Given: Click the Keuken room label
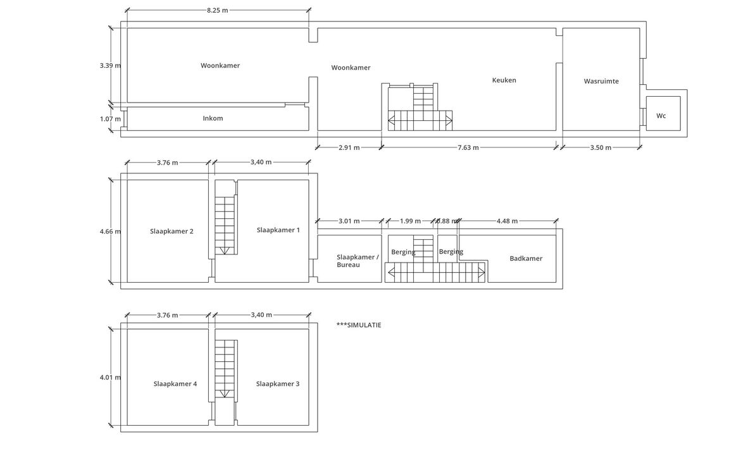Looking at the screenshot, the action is coord(504,80).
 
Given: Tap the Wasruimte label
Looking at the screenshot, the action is coord(601,81).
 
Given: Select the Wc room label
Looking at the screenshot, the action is coord(661,116).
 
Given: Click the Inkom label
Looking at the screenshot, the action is coord(213,118).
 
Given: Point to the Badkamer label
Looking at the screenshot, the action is coord(526,258).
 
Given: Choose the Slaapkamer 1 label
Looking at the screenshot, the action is coord(278,230).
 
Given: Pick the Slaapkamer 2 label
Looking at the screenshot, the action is coord(171,231).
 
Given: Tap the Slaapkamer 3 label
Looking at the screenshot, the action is coord(278,384).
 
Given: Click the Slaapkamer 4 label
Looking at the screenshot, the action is coord(175,384).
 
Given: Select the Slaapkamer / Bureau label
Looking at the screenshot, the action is coord(358,261).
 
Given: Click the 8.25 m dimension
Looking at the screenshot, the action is coord(218,10).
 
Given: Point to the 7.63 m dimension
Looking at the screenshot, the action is coord(468,147).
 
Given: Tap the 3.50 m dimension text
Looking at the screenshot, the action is coord(601,147).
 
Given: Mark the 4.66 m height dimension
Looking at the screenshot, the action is coord(110,231).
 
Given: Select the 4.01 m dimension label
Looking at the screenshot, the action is coord(110,377).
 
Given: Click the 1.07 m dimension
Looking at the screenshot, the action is coord(110,119).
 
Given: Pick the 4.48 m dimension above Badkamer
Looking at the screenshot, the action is coord(508,221).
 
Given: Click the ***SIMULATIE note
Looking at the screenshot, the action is coord(359,325).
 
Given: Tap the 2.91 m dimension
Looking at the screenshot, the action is coord(349,147).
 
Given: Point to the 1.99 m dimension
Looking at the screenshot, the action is coord(410,221).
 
